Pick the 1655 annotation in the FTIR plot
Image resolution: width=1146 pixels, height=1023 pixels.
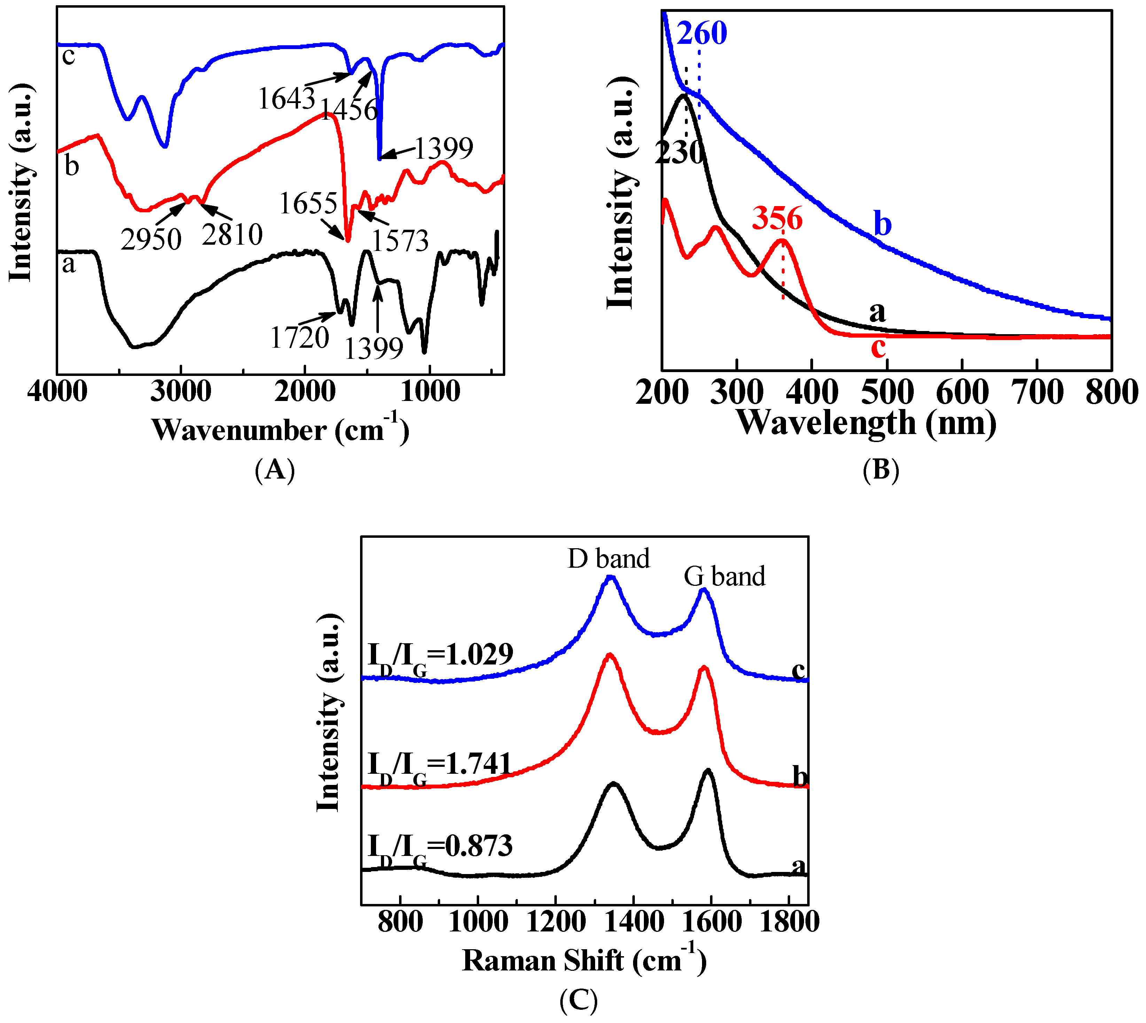click(x=308, y=204)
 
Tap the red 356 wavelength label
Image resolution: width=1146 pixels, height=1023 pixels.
click(x=777, y=218)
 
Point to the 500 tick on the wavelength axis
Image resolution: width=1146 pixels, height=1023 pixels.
click(x=887, y=392)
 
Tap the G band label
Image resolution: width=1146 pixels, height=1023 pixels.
click(x=724, y=577)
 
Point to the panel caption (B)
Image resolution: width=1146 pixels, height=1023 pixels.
click(x=881, y=469)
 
